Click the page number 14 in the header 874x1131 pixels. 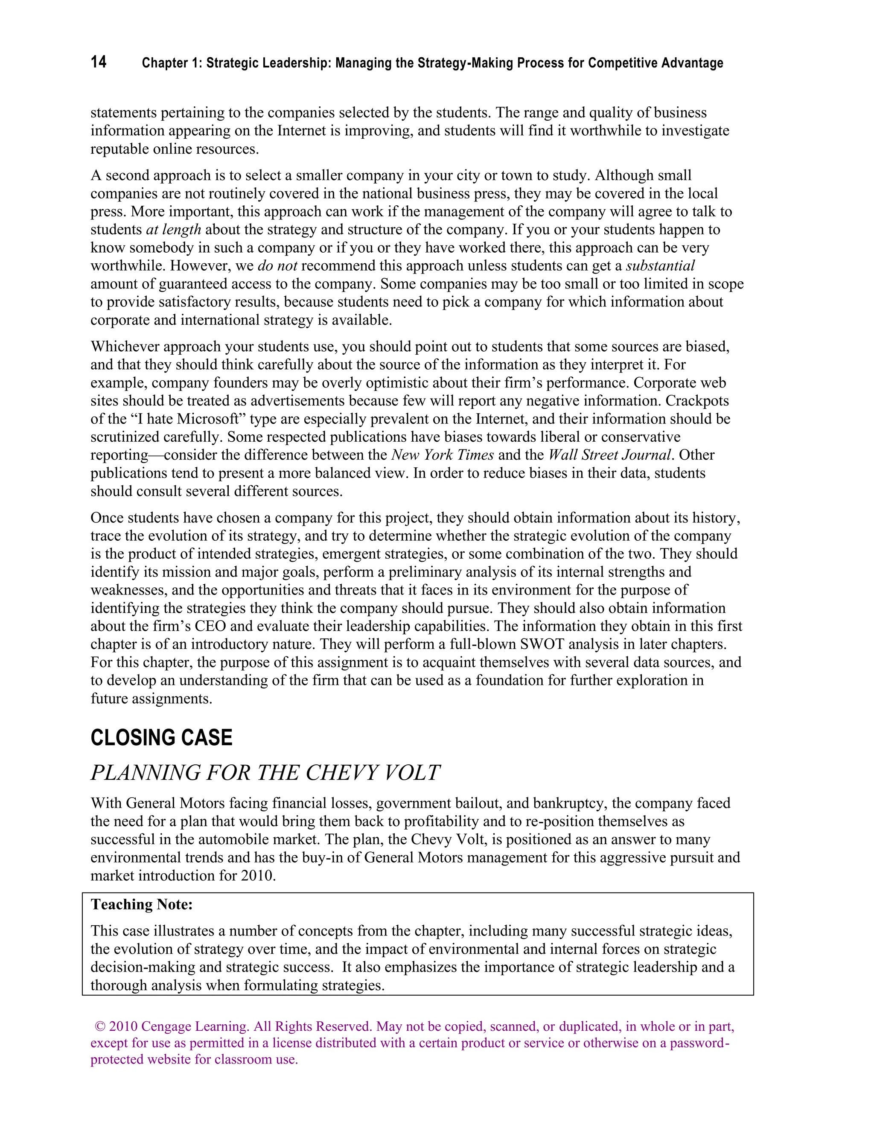point(99,62)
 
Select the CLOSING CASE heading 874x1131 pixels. point(162,737)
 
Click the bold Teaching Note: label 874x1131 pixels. point(141,904)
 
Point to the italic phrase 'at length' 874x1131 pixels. point(173,230)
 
